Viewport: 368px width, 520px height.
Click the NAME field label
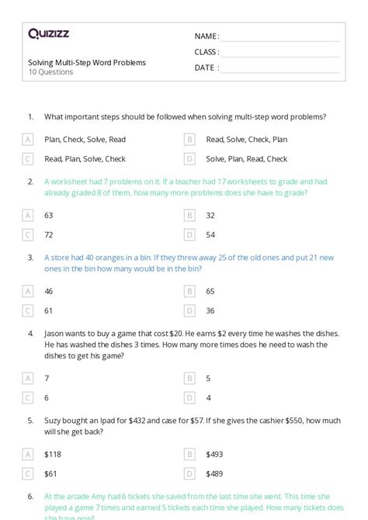pyautogui.click(x=207, y=36)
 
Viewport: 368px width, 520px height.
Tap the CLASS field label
pyautogui.click(x=207, y=52)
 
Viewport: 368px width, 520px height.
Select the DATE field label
pyautogui.click(x=206, y=68)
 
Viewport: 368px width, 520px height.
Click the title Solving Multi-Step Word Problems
pyautogui.click(x=86, y=62)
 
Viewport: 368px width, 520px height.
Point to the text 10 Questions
pyautogui.click(x=50, y=72)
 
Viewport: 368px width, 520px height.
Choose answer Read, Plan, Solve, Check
pyautogui.click(x=85, y=159)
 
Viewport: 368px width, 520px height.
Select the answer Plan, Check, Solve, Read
pyautogui.click(x=85, y=140)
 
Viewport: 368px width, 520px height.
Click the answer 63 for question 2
pyautogui.click(x=49, y=215)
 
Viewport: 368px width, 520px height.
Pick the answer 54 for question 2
pyautogui.click(x=210, y=234)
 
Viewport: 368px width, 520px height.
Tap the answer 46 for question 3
pyautogui.click(x=49, y=291)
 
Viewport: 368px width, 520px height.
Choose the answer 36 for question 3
pyautogui.click(x=210, y=310)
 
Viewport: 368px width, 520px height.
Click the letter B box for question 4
pyautogui.click(x=189, y=379)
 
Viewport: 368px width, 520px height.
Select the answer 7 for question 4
pyautogui.click(x=47, y=379)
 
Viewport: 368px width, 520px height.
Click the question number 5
pyautogui.click(x=30, y=420)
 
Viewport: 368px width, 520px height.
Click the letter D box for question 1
pyautogui.click(x=189, y=159)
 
